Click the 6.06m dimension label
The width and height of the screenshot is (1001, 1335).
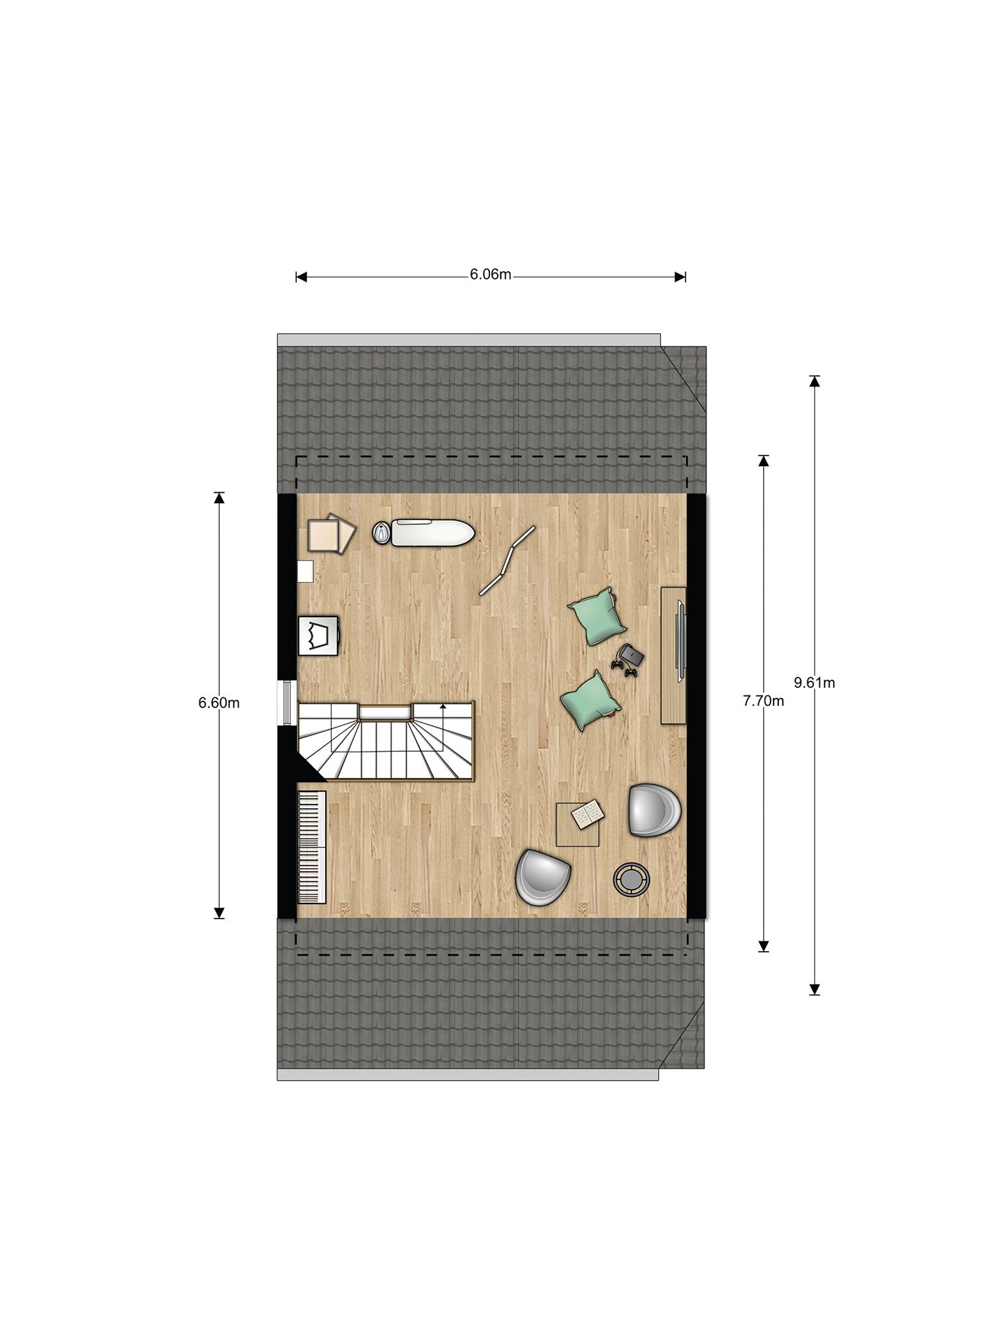coord(490,274)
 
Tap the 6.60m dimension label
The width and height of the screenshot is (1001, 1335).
coord(219,703)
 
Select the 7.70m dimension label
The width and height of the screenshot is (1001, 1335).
coord(763,701)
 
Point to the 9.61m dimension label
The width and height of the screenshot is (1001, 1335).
coord(814,682)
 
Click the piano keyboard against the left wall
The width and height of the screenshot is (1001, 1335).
coord(312,847)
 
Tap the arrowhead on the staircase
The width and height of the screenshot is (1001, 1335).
coord(443,705)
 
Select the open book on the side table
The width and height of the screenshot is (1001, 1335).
coord(588,814)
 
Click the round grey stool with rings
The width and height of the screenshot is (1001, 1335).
coord(631,880)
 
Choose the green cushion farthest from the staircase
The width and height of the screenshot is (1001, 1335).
coord(597,616)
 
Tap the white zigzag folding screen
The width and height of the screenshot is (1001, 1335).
coord(508,561)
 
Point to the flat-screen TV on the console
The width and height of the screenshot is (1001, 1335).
coord(681,642)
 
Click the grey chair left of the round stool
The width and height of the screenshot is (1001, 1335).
coord(543,877)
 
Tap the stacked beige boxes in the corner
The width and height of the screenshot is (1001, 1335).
coord(332,534)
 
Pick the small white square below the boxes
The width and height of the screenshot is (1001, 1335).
coord(305,571)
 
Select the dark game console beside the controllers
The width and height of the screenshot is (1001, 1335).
coord(631,654)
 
